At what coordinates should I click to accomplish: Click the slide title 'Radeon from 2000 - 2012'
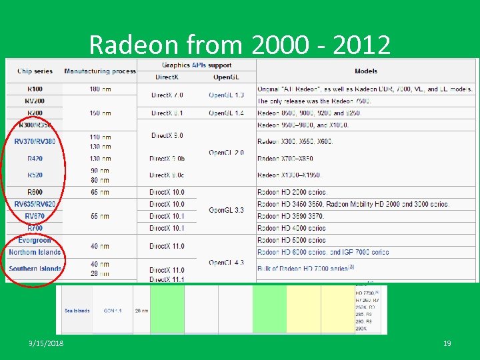pos(239,45)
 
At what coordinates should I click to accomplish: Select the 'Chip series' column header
pos(34,71)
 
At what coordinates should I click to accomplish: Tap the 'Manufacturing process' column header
pos(100,71)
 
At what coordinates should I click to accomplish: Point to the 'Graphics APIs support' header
pos(197,65)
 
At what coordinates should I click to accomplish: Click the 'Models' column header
pos(366,71)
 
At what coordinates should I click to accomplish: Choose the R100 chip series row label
pos(35,89)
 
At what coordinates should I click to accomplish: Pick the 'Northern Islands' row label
pos(35,252)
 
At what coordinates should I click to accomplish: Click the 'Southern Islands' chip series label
pos(35,269)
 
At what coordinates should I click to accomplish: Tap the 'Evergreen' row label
pos(35,240)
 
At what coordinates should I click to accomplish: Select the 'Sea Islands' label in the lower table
pos(77,311)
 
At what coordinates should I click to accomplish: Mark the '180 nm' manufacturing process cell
pos(100,89)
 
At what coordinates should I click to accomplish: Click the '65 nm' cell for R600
pos(100,192)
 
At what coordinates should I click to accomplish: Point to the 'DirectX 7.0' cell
pos(167,95)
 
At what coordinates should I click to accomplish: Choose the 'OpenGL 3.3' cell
pos(226,210)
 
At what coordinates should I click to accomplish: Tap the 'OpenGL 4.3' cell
pos(226,263)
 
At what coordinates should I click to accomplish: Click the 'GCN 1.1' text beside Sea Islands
pos(113,311)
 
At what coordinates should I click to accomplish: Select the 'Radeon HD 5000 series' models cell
pos(291,240)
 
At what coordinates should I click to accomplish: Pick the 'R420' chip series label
pos(35,159)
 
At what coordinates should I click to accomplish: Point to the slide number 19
pos(447,343)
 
